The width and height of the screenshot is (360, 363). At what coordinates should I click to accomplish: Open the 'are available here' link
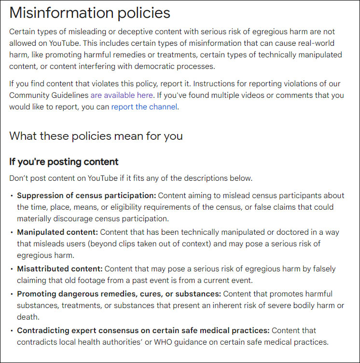[122, 95]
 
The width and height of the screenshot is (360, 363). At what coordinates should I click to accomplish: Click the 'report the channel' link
[144, 107]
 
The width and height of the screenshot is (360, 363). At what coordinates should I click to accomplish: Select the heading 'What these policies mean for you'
[96, 135]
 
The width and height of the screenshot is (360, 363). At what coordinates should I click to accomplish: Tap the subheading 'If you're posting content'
[64, 161]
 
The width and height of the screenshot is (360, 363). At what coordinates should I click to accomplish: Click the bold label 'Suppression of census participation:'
[86, 195]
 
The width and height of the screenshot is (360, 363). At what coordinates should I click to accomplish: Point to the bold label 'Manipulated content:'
[57, 232]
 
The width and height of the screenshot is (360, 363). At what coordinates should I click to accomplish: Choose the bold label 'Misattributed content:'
[60, 269]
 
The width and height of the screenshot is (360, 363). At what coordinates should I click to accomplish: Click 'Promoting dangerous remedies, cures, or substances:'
[119, 294]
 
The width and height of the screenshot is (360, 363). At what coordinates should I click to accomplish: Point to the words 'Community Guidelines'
[48, 95]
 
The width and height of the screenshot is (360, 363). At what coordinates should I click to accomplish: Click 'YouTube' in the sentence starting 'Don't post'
[102, 178]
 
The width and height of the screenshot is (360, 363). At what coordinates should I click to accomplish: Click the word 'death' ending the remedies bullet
[28, 317]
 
